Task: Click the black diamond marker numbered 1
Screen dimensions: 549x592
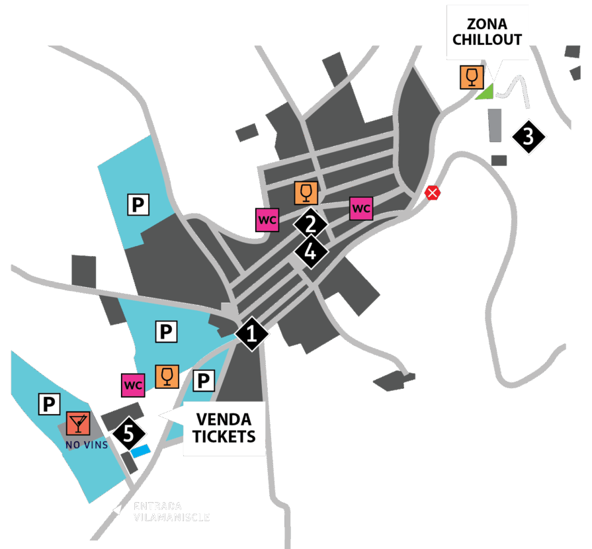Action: coord(251,334)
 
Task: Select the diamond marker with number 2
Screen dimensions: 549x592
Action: coord(310,224)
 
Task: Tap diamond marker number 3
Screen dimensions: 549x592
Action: coord(529,137)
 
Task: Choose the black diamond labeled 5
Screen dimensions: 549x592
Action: coord(130,434)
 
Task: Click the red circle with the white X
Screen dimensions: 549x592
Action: coord(433,193)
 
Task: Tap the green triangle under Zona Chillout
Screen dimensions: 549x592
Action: coord(486,92)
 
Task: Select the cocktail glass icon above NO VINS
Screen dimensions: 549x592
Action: coord(78,423)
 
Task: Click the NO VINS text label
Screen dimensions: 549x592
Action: coord(86,445)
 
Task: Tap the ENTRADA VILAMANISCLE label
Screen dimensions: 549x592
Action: coord(171,511)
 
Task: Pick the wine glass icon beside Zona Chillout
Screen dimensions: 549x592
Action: coord(471,77)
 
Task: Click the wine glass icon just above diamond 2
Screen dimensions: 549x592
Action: coord(306,193)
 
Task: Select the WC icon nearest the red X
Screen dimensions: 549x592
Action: coord(360,208)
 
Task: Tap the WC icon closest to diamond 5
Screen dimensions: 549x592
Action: coord(133,384)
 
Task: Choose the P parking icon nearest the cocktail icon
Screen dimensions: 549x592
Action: coord(49,403)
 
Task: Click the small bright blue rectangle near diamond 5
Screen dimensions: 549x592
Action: coord(141,451)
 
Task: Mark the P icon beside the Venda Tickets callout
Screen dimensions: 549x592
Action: coord(204,380)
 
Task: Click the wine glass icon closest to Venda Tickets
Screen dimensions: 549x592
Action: coord(166,376)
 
